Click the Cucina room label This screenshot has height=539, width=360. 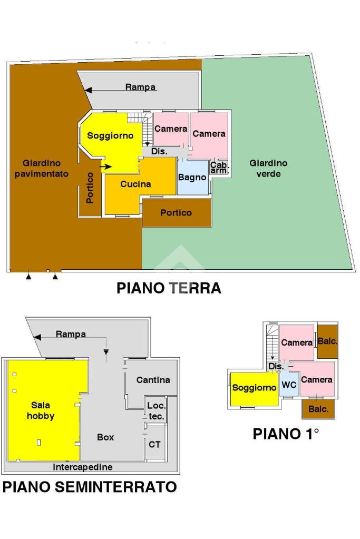135,184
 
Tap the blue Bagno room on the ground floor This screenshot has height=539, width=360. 192,178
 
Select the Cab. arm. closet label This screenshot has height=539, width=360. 219,168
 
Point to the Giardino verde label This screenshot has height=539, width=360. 268,168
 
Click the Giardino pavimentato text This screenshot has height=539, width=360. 42,169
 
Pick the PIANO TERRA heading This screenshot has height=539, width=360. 169,288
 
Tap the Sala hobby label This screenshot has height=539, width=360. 41,410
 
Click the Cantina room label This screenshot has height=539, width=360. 153,380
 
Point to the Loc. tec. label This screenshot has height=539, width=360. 157,411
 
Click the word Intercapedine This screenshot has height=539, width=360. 83,467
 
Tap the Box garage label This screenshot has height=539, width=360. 105,437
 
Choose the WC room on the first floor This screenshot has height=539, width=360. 289,384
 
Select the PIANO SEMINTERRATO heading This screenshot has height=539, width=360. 90,487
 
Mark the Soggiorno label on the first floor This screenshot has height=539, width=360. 254,388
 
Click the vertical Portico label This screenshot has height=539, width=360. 90,188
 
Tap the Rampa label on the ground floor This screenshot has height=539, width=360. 140,87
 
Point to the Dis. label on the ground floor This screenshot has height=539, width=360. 159,151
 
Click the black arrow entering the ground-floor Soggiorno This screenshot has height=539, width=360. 105,166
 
